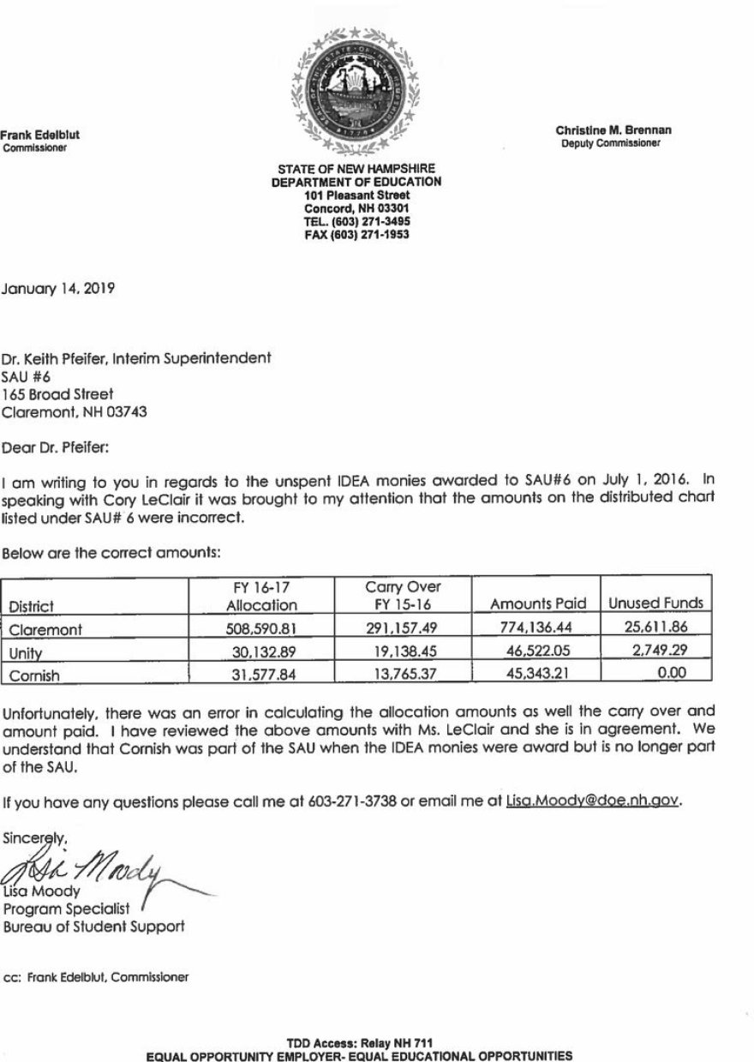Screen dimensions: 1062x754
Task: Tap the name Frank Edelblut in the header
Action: tap(39, 135)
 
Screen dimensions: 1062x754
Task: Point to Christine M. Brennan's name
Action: tap(613, 130)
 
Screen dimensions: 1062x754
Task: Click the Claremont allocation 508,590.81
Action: tap(264, 628)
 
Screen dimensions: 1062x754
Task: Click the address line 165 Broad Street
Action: tap(57, 394)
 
